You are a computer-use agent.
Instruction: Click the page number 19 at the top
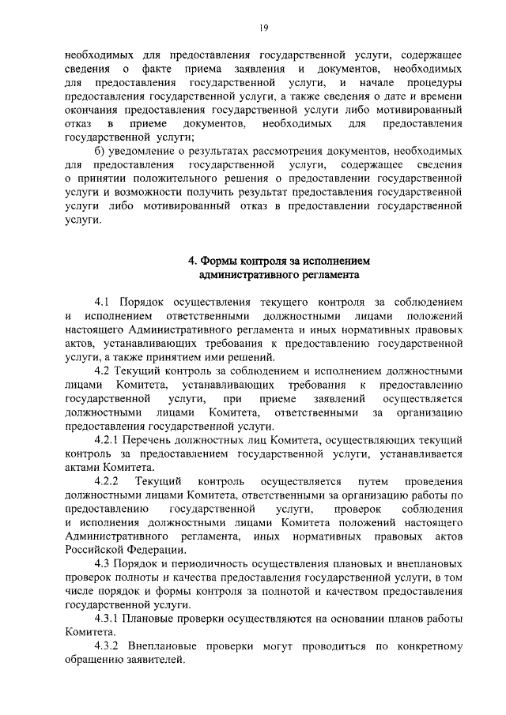pos(265,29)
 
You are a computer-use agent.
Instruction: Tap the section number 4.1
pos(103,303)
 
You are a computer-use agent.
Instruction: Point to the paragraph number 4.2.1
pos(108,440)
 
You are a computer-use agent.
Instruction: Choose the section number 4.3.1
pos(108,619)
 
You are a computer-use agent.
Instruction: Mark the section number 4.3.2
pos(108,646)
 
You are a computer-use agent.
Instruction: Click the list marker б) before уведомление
pos(100,151)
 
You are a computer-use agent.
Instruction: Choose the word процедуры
pos(435,82)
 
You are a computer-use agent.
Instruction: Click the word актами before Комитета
pos(83,468)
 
